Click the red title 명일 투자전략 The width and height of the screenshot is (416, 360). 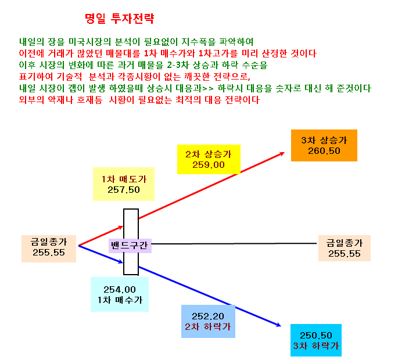119,19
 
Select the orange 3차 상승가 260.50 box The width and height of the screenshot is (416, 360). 324,145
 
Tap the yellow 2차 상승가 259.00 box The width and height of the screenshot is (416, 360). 209,159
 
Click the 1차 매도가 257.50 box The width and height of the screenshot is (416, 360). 124,184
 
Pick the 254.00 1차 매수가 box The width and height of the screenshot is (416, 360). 120,294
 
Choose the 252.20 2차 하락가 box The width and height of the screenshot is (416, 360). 208,321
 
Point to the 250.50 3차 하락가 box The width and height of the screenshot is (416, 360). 316,340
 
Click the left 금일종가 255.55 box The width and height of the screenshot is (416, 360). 49,249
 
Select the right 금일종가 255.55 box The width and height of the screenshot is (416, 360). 345,248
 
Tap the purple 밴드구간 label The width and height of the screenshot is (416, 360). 130,246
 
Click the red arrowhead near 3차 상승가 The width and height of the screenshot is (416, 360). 282,153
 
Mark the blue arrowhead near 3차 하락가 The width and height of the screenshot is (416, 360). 278,325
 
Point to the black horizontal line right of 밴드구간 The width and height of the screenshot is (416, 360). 234,243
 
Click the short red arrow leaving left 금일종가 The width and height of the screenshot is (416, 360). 101,236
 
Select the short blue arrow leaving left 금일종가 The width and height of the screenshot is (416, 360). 101,254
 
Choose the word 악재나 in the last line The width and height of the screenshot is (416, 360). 60,100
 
